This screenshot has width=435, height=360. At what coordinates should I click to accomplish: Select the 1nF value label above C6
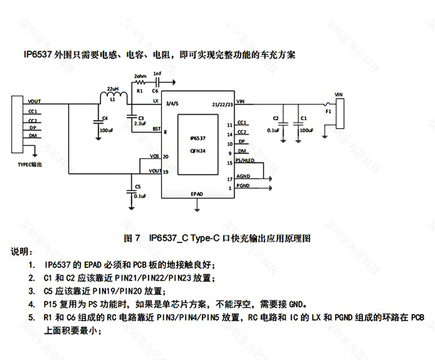pyautogui.click(x=157, y=74)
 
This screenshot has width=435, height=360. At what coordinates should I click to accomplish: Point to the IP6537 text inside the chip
pyautogui.click(x=198, y=139)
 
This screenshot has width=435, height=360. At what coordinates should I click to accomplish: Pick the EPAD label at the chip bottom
pyautogui.click(x=197, y=194)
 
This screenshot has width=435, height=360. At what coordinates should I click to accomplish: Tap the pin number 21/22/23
pyautogui.click(x=223, y=104)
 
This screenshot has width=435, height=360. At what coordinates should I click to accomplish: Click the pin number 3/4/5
pyautogui.click(x=172, y=104)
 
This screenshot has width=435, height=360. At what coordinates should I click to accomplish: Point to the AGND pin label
pyautogui.click(x=244, y=176)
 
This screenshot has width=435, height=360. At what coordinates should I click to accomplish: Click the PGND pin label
pyautogui.click(x=244, y=185)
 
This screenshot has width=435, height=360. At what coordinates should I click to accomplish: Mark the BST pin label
pyautogui.click(x=156, y=129)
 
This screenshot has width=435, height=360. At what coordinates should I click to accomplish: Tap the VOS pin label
pyautogui.click(x=155, y=157)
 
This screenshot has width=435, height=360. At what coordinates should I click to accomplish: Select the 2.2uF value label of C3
pyautogui.click(x=139, y=123)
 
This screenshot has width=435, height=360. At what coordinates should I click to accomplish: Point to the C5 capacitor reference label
pyautogui.click(x=137, y=187)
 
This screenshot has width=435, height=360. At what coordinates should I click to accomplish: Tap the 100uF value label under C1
pyautogui.click(x=306, y=130)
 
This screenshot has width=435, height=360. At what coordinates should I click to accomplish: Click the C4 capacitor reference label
pyautogui.click(x=104, y=118)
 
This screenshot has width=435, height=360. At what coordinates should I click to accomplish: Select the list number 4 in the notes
pyautogui.click(x=31, y=303)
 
